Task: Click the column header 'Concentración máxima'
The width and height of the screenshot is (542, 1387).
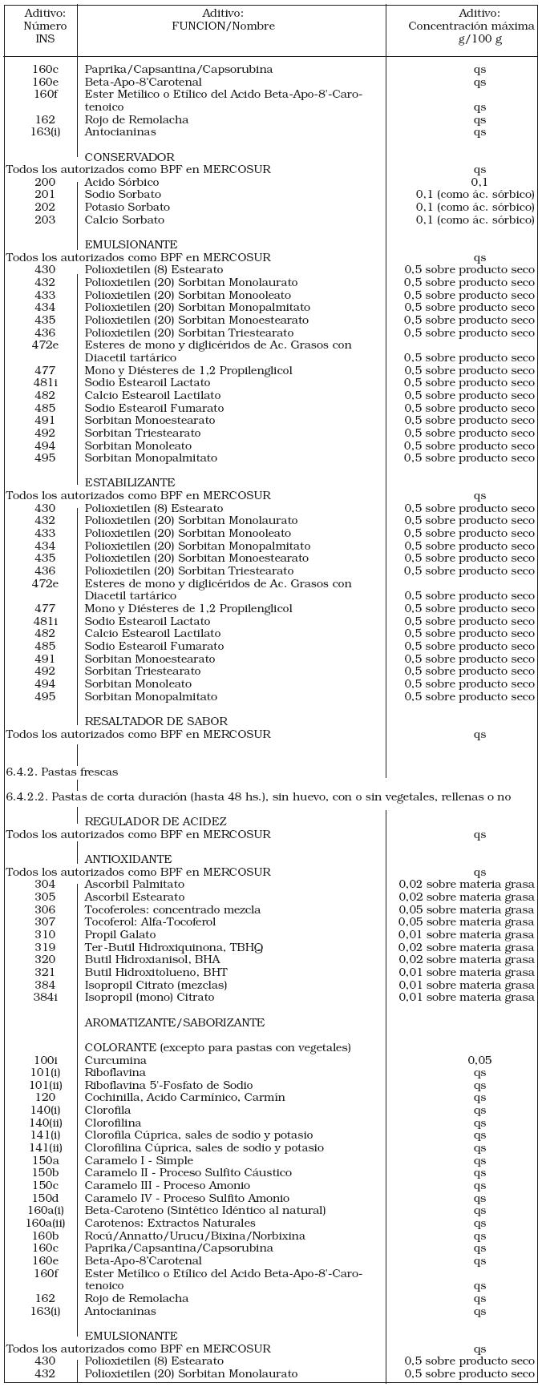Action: (471, 26)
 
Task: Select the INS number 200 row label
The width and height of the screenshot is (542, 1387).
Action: (45, 183)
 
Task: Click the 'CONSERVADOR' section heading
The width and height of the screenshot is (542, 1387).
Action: (129, 157)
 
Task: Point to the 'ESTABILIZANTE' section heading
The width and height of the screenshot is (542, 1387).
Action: (130, 483)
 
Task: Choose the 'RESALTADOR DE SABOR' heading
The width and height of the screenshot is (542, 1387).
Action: (156, 721)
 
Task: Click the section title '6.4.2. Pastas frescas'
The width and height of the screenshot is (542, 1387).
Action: (62, 772)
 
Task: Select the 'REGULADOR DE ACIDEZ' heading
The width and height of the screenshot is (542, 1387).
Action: (156, 821)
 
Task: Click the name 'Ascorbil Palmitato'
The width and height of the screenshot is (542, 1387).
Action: (135, 884)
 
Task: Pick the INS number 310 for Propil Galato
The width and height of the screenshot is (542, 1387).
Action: (45, 934)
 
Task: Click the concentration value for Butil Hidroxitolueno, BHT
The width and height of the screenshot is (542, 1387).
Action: (467, 972)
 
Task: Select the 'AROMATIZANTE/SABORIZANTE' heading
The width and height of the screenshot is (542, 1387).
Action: (174, 1022)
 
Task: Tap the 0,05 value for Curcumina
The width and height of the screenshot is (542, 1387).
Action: (479, 1060)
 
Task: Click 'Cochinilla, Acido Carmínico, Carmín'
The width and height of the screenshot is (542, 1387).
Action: (184, 1098)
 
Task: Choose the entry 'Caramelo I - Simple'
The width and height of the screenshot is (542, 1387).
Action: (139, 1160)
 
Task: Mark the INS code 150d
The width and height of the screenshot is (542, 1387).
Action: (45, 1198)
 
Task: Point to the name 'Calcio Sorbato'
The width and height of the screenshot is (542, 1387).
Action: (124, 220)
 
